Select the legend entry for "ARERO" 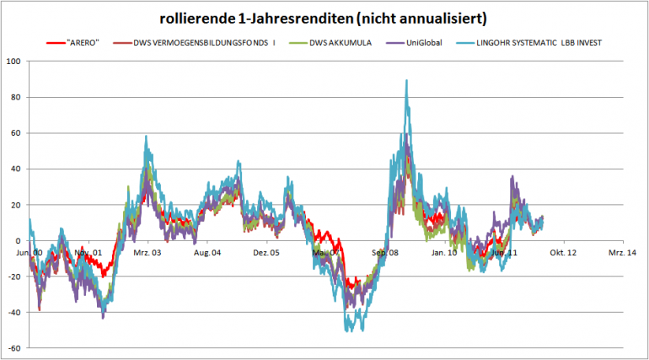point(81,42)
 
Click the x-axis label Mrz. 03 point(147,252)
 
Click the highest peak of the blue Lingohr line point(406,81)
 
